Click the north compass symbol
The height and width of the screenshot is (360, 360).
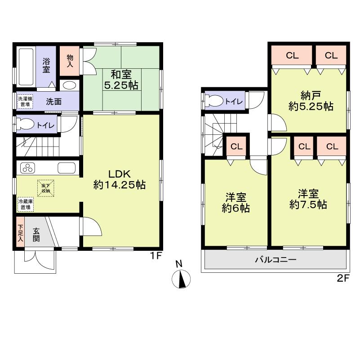(181, 279)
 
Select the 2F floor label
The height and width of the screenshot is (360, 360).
(343, 278)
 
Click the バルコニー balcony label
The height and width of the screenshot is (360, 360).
(276, 259)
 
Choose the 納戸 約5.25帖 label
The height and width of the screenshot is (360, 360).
(310, 101)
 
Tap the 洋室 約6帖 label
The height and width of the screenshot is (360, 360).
(236, 203)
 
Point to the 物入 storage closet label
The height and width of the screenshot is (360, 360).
(70, 60)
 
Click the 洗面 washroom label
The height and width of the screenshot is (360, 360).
(54, 101)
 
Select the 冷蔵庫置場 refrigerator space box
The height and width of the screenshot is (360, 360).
(25, 205)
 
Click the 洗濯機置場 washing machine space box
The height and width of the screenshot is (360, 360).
(24, 102)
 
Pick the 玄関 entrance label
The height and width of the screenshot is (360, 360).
(36, 234)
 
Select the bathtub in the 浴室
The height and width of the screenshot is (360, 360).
(26, 66)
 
